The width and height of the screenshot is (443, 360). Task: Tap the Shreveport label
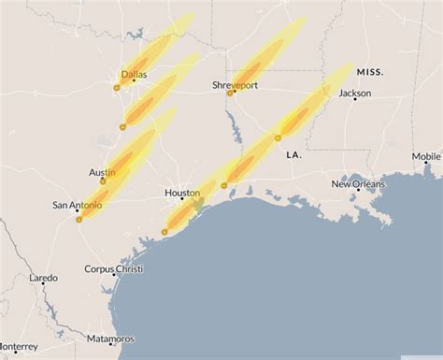234,85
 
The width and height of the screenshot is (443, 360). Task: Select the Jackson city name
354,93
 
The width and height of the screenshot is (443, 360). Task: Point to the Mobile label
425,156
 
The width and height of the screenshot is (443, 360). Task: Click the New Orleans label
357,184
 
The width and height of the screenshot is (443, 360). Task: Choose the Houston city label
182,194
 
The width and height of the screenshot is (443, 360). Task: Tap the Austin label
102,172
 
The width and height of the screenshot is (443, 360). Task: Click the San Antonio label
73,205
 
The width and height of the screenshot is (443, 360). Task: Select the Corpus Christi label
111,269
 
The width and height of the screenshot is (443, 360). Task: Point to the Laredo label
43,278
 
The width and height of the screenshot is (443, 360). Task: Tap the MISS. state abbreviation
370,72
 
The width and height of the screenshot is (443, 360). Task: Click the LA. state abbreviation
293,154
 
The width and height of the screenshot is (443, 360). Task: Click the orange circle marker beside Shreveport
230,94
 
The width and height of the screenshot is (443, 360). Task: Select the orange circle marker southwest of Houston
164,231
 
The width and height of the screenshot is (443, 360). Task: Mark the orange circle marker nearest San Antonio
79,219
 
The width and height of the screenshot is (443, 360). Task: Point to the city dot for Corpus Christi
105,279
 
